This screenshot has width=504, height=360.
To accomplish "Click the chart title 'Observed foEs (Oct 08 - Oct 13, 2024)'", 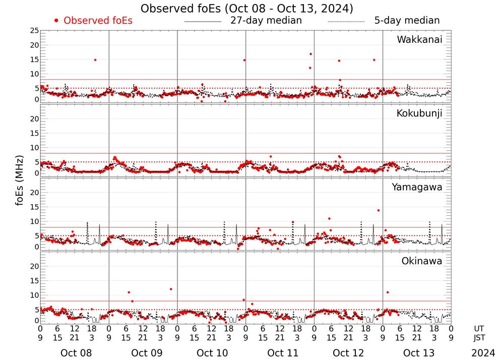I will (247, 9).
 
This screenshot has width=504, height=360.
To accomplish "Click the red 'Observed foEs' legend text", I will (98, 21).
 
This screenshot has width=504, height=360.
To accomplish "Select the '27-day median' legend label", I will (266, 21).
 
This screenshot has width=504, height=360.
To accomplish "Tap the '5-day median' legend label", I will (407, 21).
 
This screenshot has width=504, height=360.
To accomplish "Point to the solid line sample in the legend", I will (203, 22).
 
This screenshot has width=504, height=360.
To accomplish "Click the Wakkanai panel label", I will (419, 40).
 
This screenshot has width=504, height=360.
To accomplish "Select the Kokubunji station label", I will (418, 113).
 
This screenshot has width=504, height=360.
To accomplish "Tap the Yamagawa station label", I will (417, 187).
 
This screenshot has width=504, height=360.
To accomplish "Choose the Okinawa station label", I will (422, 261).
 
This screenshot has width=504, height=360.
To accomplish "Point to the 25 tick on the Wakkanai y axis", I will (34, 31).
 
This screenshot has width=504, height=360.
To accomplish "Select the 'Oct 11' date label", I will (280, 353).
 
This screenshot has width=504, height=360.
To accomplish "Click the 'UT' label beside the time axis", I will (479, 328).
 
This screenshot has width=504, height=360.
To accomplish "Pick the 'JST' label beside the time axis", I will (479, 338).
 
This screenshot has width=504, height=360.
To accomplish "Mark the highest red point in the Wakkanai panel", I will (311, 54).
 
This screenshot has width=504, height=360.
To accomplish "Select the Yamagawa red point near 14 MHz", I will (379, 210).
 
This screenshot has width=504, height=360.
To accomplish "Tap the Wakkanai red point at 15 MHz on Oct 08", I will (95, 60).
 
